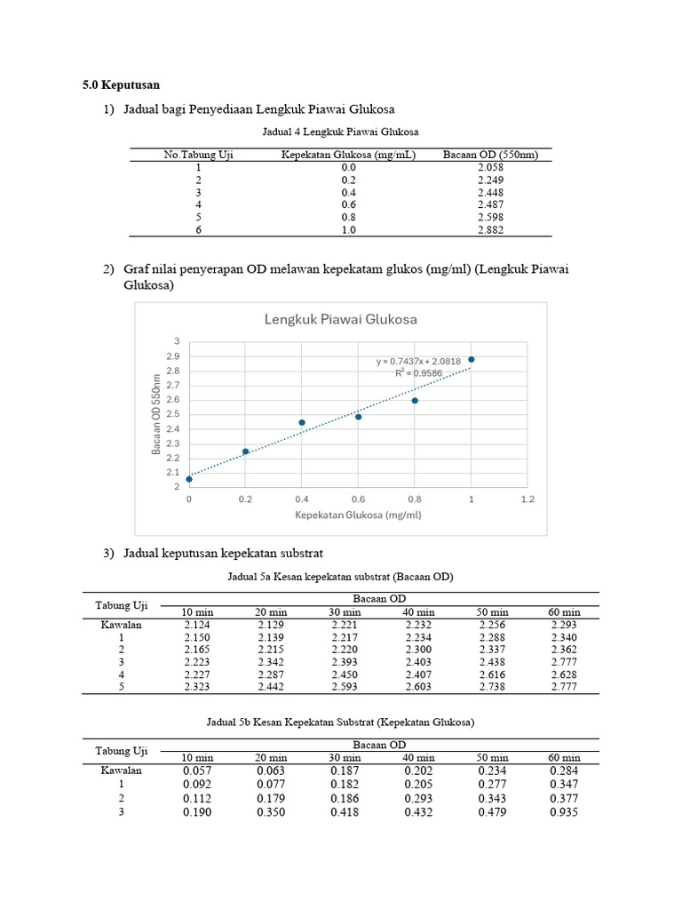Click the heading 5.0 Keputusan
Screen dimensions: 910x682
tap(122, 85)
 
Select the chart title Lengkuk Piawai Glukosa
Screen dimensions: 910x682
tap(340, 320)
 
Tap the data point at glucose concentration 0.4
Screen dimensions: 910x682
tap(302, 422)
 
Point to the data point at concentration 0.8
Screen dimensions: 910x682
tap(415, 401)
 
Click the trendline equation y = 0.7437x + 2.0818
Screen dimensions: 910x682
tap(417, 361)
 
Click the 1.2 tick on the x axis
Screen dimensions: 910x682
tap(527, 499)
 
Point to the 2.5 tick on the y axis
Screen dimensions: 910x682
tap(175, 414)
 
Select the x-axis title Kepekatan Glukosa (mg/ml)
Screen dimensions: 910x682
tap(358, 515)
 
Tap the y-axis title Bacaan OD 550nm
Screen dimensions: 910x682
tap(157, 414)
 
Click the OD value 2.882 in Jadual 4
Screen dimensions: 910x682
tap(490, 229)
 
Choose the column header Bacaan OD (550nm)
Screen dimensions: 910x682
tap(490, 155)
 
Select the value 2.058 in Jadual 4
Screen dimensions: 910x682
tap(490, 167)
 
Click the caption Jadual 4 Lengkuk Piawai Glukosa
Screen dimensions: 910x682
tap(341, 132)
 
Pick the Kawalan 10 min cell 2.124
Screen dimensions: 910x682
tap(197, 625)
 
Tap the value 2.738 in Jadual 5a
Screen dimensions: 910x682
tap(492, 687)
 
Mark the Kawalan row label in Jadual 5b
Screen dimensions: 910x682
tap(122, 770)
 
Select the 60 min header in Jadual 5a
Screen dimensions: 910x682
tap(565, 612)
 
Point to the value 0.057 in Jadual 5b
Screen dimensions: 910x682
tap(197, 770)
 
